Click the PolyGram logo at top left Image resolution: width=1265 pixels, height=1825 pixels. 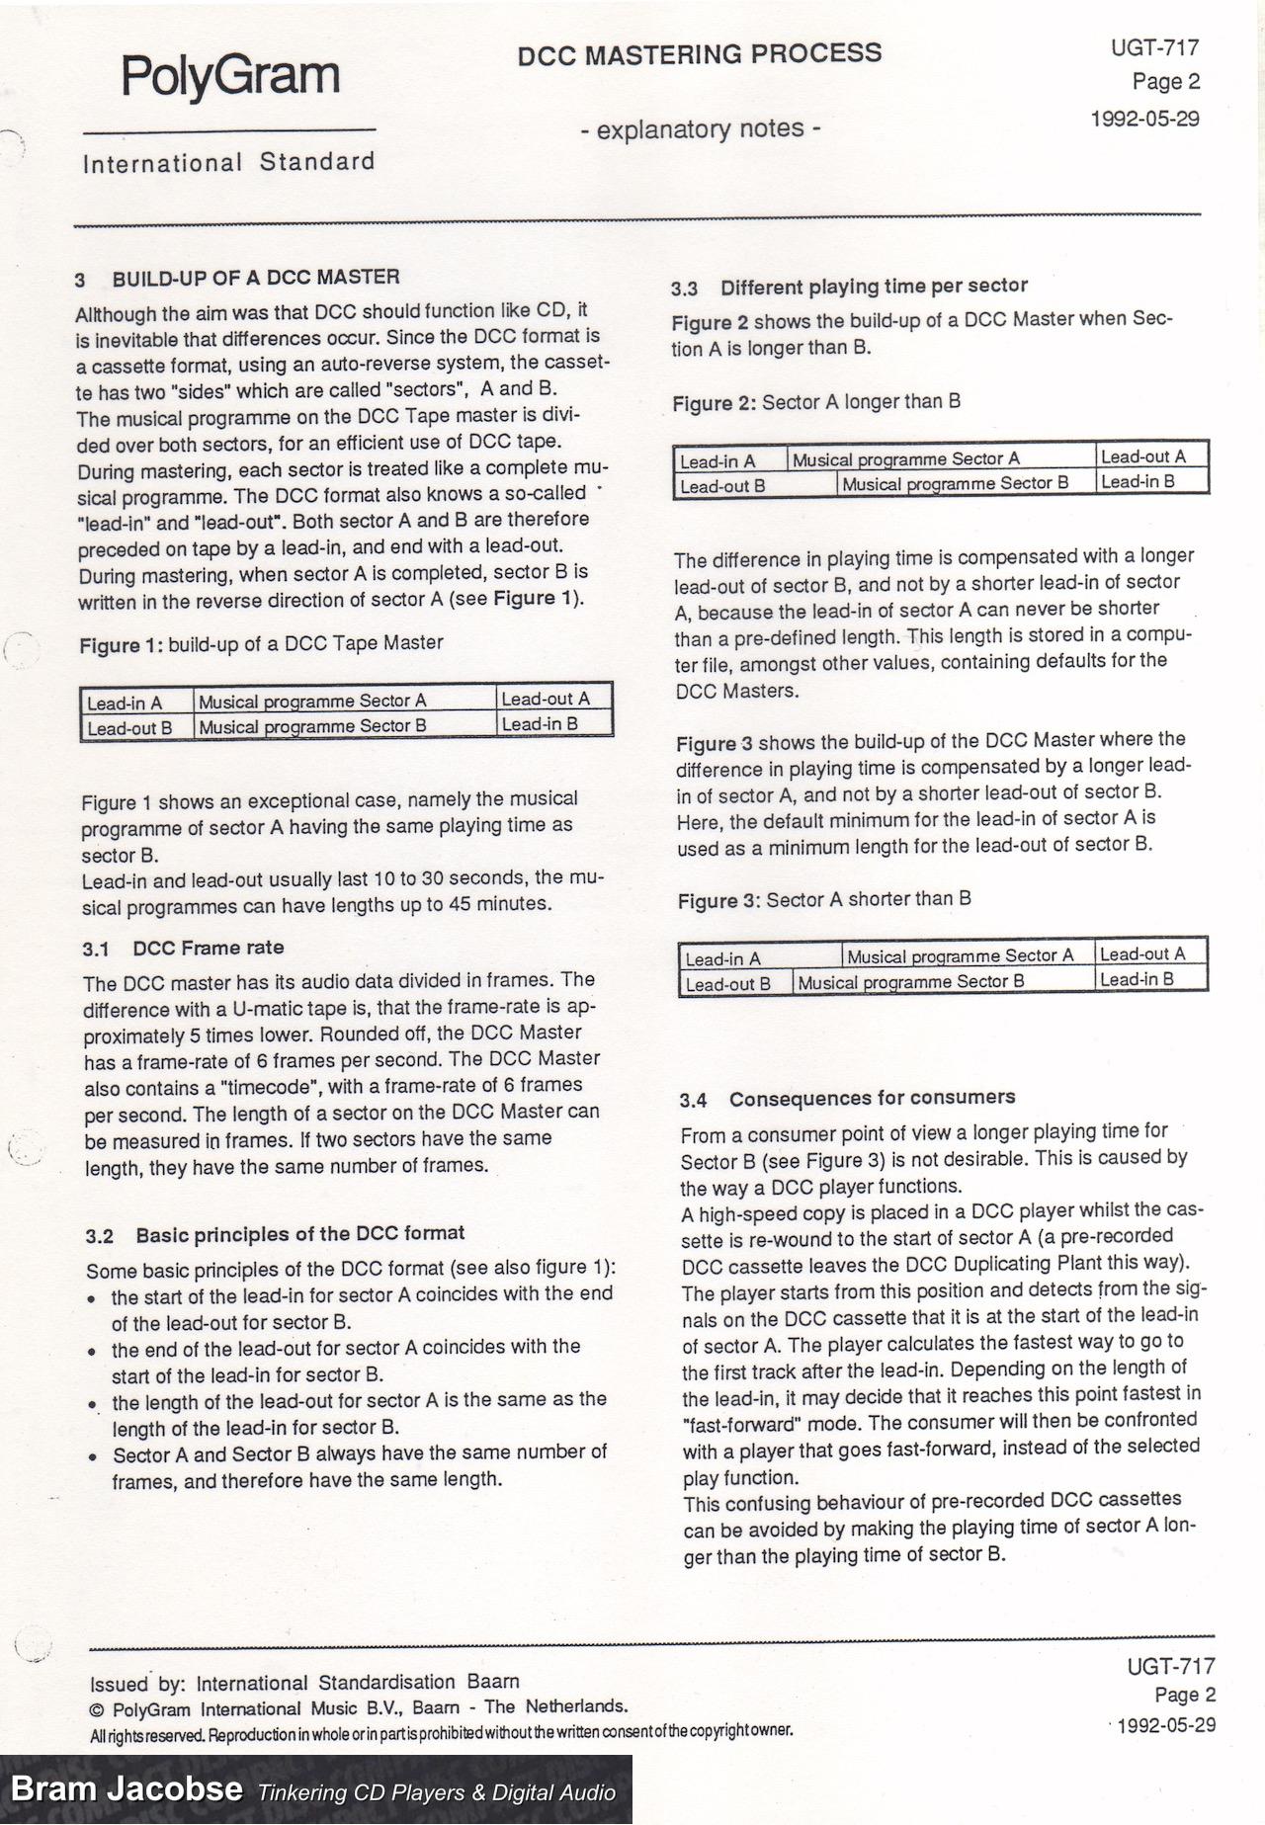click(x=229, y=76)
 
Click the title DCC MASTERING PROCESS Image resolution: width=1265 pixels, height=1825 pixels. click(x=699, y=53)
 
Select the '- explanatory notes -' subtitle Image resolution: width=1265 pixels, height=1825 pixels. click(x=699, y=128)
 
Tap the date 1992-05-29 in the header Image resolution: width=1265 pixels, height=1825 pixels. click(x=1144, y=119)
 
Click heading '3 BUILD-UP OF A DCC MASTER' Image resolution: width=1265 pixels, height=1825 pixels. click(x=237, y=278)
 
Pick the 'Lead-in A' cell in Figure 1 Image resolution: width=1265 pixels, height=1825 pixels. click(x=125, y=704)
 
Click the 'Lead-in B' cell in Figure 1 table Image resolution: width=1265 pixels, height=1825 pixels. click(x=540, y=724)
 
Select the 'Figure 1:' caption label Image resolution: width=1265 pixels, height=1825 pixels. click(x=122, y=645)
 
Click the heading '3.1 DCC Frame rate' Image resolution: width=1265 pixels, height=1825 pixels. click(x=184, y=949)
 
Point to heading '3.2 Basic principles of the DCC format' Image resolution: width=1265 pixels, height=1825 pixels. click(x=275, y=1234)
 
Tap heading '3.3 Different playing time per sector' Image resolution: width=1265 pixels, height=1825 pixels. click(x=849, y=288)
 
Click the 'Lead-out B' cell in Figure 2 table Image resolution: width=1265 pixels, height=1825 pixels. click(x=722, y=486)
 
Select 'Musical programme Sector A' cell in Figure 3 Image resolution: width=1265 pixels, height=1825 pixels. click(x=960, y=956)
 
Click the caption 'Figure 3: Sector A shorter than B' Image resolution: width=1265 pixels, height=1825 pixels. click(x=824, y=900)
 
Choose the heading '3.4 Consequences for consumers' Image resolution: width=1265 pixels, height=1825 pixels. click(x=847, y=1099)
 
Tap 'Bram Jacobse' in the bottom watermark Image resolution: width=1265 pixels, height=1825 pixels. click(x=126, y=1787)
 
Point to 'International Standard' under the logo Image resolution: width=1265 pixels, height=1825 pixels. click(x=229, y=163)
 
